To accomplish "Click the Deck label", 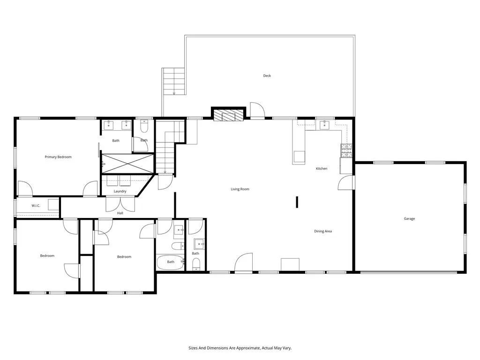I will point(267,76).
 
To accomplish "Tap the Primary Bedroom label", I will point(58,157).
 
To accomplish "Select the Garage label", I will point(409,219).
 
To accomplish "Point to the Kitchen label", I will point(321,169).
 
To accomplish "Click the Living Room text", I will point(240,189).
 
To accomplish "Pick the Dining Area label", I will point(322,232).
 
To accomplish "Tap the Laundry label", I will point(120,191).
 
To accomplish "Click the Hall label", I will point(120,213).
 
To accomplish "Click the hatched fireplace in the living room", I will point(229,115).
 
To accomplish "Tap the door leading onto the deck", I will point(257,110).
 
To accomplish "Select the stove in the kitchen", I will point(346,150).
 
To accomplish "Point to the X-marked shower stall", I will point(127,164).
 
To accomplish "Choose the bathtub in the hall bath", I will point(171,262).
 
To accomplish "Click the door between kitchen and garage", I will point(346,183).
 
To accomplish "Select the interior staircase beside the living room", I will point(165,150).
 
